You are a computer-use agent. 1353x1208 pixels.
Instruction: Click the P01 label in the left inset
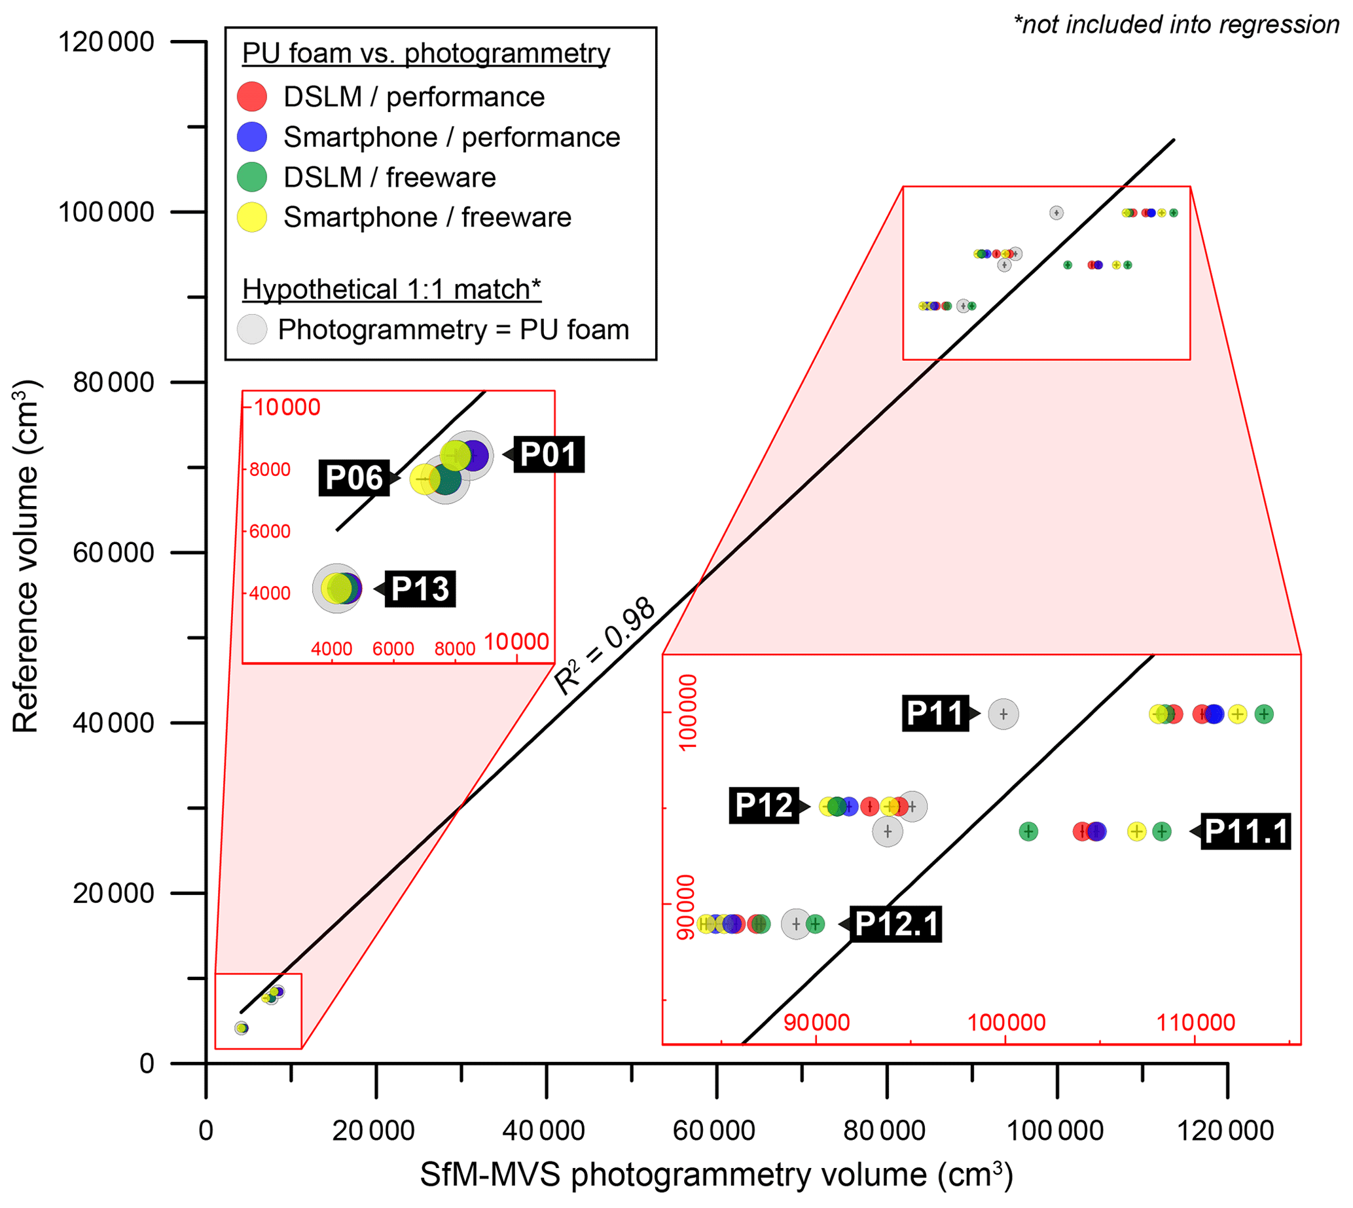[x=548, y=454]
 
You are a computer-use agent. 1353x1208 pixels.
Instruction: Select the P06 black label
[x=354, y=478]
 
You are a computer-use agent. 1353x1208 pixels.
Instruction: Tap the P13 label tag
[x=420, y=589]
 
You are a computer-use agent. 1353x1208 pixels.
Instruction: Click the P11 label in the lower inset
[x=935, y=714]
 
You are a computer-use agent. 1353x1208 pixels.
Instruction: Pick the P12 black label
[x=764, y=806]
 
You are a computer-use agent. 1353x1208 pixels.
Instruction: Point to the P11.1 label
[x=1246, y=831]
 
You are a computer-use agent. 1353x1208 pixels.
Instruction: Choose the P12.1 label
[x=897, y=924]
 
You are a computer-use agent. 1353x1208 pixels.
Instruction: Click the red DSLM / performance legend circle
[x=252, y=97]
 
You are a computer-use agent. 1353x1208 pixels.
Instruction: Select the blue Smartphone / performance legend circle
[x=252, y=137]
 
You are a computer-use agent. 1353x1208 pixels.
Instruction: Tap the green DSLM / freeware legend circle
[x=252, y=177]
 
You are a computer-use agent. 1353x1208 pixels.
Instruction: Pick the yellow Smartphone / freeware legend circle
[x=252, y=217]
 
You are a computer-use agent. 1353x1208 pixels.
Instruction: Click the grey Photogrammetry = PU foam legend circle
[x=252, y=329]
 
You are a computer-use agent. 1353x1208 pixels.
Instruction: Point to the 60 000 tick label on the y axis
[x=113, y=552]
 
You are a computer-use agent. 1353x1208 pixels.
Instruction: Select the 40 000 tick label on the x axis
[x=543, y=1130]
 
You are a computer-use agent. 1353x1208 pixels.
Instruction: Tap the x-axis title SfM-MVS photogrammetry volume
[x=716, y=1175]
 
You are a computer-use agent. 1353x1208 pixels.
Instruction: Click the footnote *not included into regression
[x=1176, y=25]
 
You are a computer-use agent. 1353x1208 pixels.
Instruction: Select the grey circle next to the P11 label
[x=1003, y=714]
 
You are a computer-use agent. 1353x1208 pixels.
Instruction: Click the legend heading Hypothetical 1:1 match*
[x=391, y=289]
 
